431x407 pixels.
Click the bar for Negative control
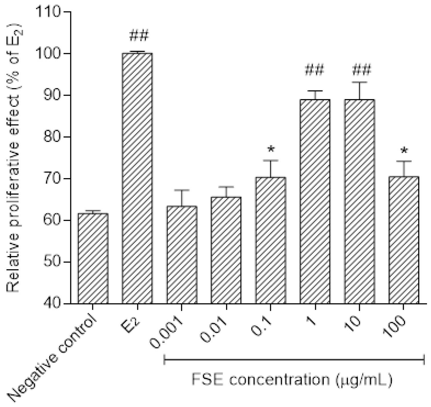(93, 258)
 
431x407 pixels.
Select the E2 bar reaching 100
(137, 178)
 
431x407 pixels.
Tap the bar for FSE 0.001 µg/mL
(182, 255)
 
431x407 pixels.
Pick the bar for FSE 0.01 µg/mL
(226, 250)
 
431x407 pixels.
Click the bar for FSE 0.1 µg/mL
(271, 240)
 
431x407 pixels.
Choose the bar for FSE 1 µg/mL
(315, 201)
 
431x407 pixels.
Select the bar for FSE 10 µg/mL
(359, 201)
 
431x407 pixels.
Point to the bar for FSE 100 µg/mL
(404, 240)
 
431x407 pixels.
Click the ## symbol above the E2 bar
(139, 36)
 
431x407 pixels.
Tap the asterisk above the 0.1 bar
(271, 149)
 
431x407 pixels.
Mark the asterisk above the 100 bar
(404, 150)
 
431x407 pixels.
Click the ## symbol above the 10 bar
(361, 70)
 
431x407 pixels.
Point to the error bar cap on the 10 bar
(359, 82)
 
